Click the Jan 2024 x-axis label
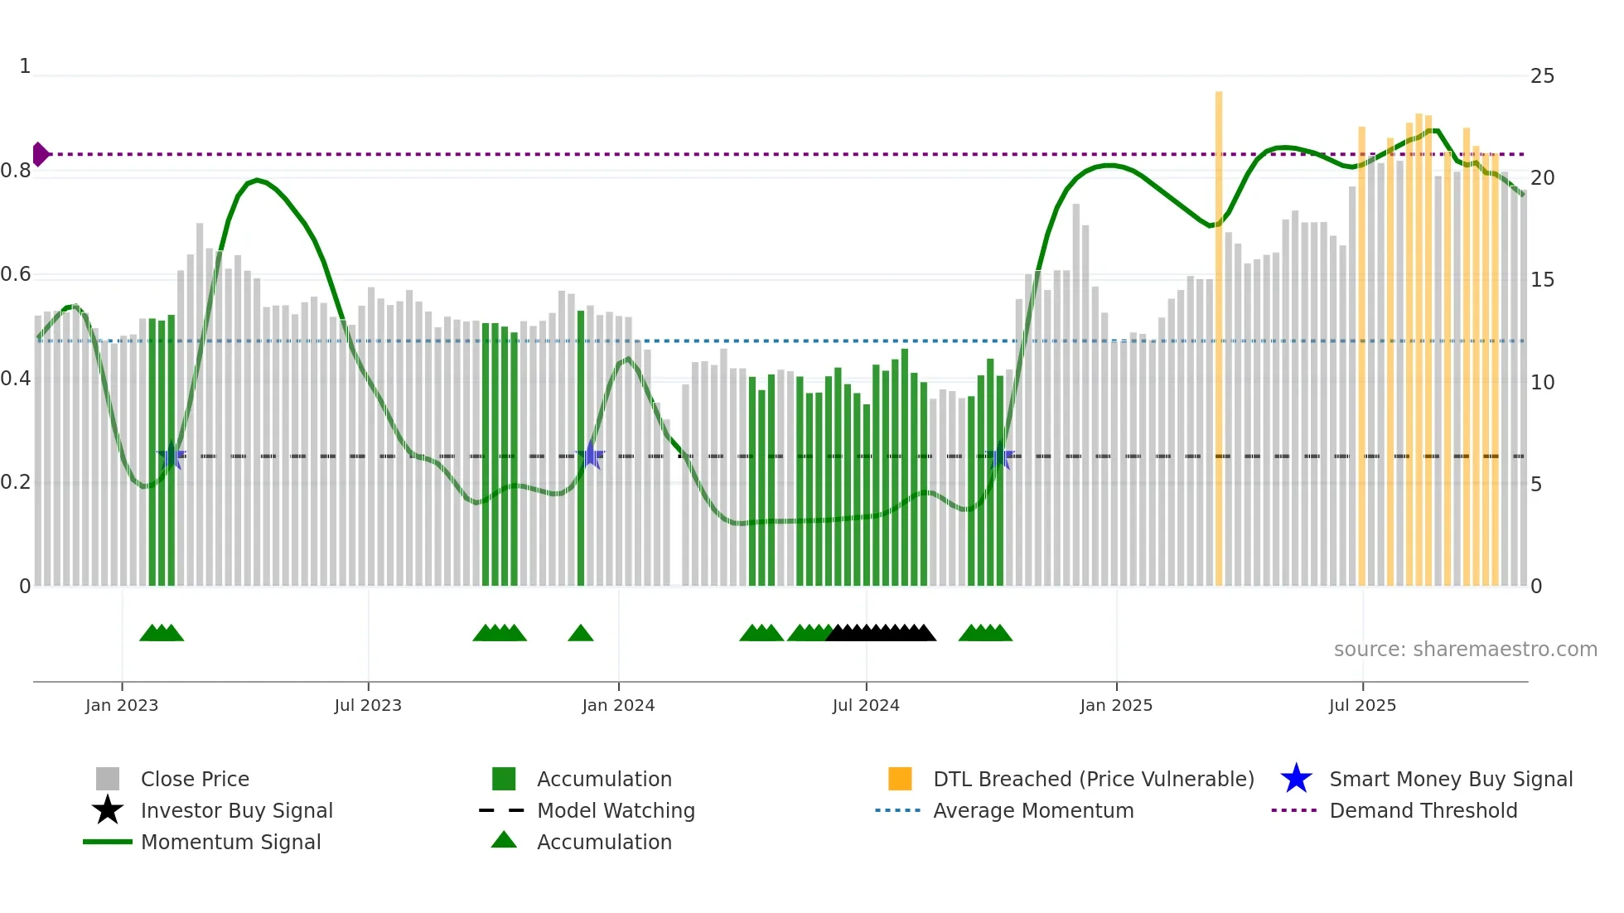(618, 705)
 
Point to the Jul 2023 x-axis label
(368, 705)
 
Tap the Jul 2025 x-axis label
(1362, 705)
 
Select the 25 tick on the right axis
(1542, 76)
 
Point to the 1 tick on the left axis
(25, 66)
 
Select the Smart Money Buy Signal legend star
(1296, 779)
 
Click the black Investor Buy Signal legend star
(108, 810)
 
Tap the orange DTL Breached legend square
(900, 779)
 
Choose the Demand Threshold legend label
(1423, 810)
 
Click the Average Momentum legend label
(1033, 810)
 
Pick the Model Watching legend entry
(616, 810)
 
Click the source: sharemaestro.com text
(1465, 650)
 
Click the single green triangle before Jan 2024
(581, 634)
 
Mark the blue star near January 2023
(172, 455)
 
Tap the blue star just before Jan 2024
(591, 455)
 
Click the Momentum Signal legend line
(108, 842)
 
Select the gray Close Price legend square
(108, 779)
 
